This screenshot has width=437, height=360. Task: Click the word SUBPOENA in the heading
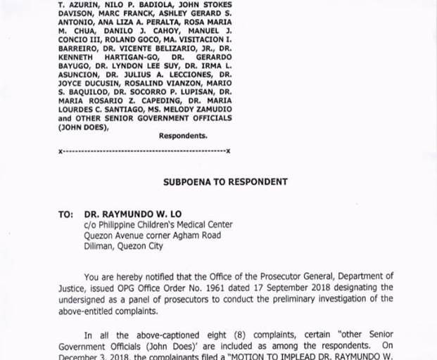pos(185,181)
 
